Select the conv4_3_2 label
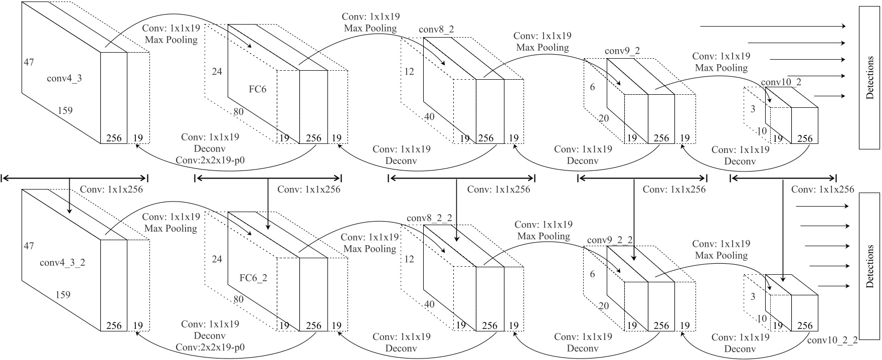pos(62,262)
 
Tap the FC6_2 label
pos(253,278)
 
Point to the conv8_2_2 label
pos(429,218)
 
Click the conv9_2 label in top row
pos(622,51)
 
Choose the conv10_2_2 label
pos(833,340)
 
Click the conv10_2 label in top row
pos(781,82)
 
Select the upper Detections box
pos(869,78)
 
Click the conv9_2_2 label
pos(610,240)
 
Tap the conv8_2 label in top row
pos(436,30)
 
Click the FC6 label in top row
pos(258,90)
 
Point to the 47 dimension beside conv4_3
pos(29,62)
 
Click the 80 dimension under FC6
pos(238,111)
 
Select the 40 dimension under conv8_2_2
pos(429,304)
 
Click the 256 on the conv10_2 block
pos(805,138)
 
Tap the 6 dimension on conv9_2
pos(592,87)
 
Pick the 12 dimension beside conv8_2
pos(409,72)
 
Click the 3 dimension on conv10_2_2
pos(753,296)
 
